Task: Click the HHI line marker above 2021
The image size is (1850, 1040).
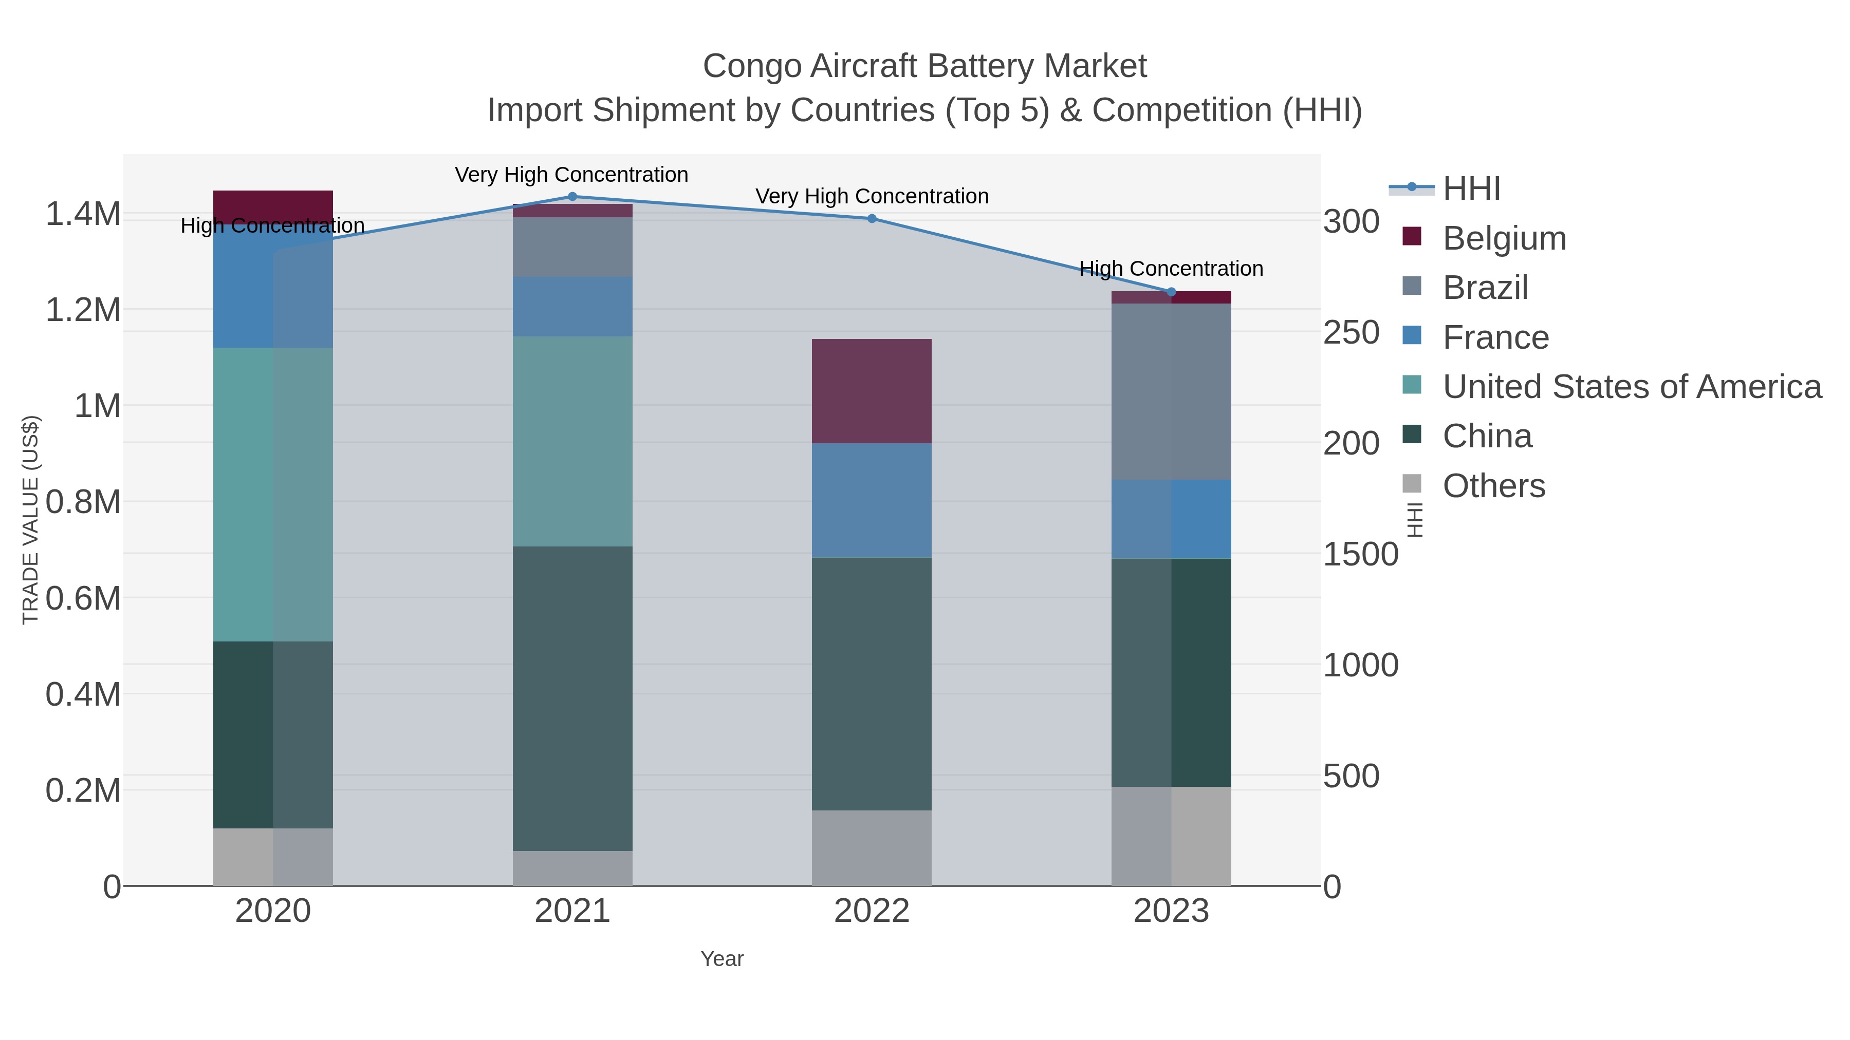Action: pos(572,197)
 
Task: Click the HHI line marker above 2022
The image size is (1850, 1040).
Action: pos(872,218)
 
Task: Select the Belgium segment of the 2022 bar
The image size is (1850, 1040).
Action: pos(872,391)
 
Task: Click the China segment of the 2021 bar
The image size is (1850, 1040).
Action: pos(572,698)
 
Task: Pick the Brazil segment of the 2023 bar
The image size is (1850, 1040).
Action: pos(1171,391)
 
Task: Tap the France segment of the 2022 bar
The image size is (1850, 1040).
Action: pos(872,500)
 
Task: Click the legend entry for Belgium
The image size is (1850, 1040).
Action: pos(1504,238)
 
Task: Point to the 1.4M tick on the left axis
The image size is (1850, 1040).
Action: pos(83,214)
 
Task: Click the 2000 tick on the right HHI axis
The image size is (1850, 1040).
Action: pos(1351,444)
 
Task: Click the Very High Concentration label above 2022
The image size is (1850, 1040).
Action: pos(872,196)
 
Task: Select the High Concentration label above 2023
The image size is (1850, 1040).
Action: pos(1171,269)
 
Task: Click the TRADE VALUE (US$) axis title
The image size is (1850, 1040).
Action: pos(30,520)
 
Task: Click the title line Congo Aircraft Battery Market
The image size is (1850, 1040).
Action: pos(924,66)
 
